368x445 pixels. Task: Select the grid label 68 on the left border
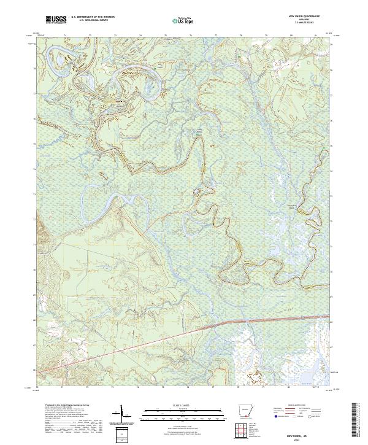(33, 320)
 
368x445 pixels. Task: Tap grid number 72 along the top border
(90, 36)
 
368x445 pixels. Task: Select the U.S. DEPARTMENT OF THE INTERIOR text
(91, 17)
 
